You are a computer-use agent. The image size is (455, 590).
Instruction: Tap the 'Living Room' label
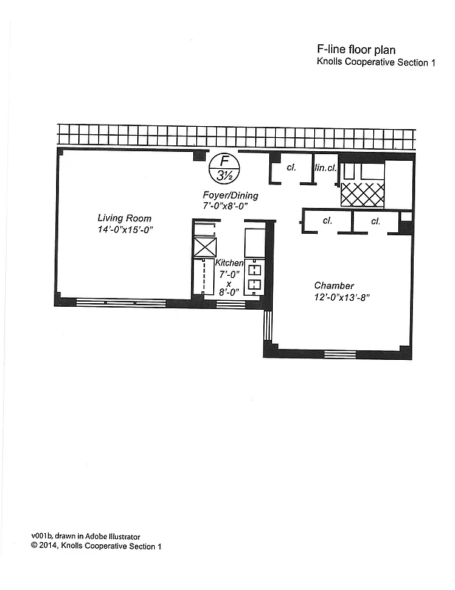(x=125, y=218)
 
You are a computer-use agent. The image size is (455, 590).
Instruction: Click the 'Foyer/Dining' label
(x=231, y=195)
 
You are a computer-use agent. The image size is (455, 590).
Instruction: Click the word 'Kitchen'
(x=229, y=263)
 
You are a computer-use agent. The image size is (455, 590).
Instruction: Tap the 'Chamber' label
(x=334, y=285)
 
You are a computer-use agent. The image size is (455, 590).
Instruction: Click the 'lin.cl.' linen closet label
(x=325, y=168)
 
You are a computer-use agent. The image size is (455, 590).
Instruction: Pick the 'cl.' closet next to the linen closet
(x=291, y=167)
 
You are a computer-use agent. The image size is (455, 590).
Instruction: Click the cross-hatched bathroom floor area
(x=362, y=194)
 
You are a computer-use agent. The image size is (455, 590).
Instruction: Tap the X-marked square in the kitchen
(x=204, y=246)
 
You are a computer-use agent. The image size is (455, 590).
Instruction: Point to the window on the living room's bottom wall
(x=122, y=302)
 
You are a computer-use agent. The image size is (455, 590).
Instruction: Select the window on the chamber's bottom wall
(x=340, y=355)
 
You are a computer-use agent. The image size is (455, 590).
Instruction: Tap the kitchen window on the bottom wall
(x=231, y=303)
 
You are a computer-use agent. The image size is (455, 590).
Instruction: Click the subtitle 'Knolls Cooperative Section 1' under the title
(x=375, y=63)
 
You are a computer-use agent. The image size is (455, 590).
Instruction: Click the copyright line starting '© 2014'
(x=96, y=546)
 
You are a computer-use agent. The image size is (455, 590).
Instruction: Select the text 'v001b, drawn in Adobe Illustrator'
(x=86, y=536)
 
